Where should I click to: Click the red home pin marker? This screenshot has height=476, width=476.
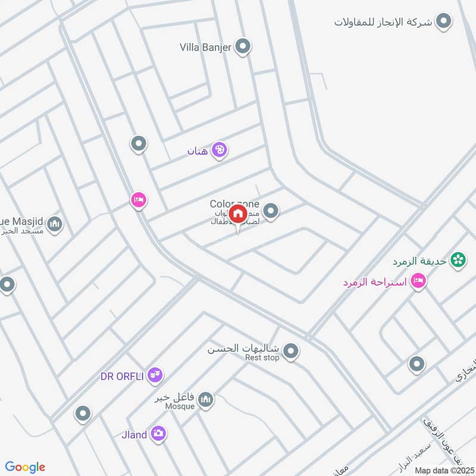click(x=237, y=214)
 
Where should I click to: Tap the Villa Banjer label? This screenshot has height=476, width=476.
click(x=205, y=48)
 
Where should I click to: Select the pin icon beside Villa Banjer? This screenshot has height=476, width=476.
click(x=242, y=46)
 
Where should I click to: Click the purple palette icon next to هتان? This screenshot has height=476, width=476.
click(x=219, y=150)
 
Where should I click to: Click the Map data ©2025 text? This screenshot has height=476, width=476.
click(x=443, y=470)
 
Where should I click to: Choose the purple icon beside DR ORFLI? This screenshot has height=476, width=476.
click(x=155, y=375)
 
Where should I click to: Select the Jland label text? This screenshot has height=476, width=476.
click(x=134, y=435)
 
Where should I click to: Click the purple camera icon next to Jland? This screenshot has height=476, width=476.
click(x=158, y=434)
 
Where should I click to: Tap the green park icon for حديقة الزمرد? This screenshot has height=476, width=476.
click(x=458, y=259)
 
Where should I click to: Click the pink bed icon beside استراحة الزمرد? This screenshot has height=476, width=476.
click(x=418, y=281)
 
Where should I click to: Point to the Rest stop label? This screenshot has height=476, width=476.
click(x=262, y=358)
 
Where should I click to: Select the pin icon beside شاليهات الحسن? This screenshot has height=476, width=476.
click(x=290, y=351)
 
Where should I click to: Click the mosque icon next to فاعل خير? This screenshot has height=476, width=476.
click(x=206, y=399)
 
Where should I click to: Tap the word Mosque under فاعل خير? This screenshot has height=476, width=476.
click(x=180, y=406)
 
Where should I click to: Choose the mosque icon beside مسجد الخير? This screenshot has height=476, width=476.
click(x=55, y=224)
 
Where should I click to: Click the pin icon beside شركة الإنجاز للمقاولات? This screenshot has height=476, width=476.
click(x=443, y=22)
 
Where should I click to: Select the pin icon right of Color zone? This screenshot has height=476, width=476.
click(x=271, y=211)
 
